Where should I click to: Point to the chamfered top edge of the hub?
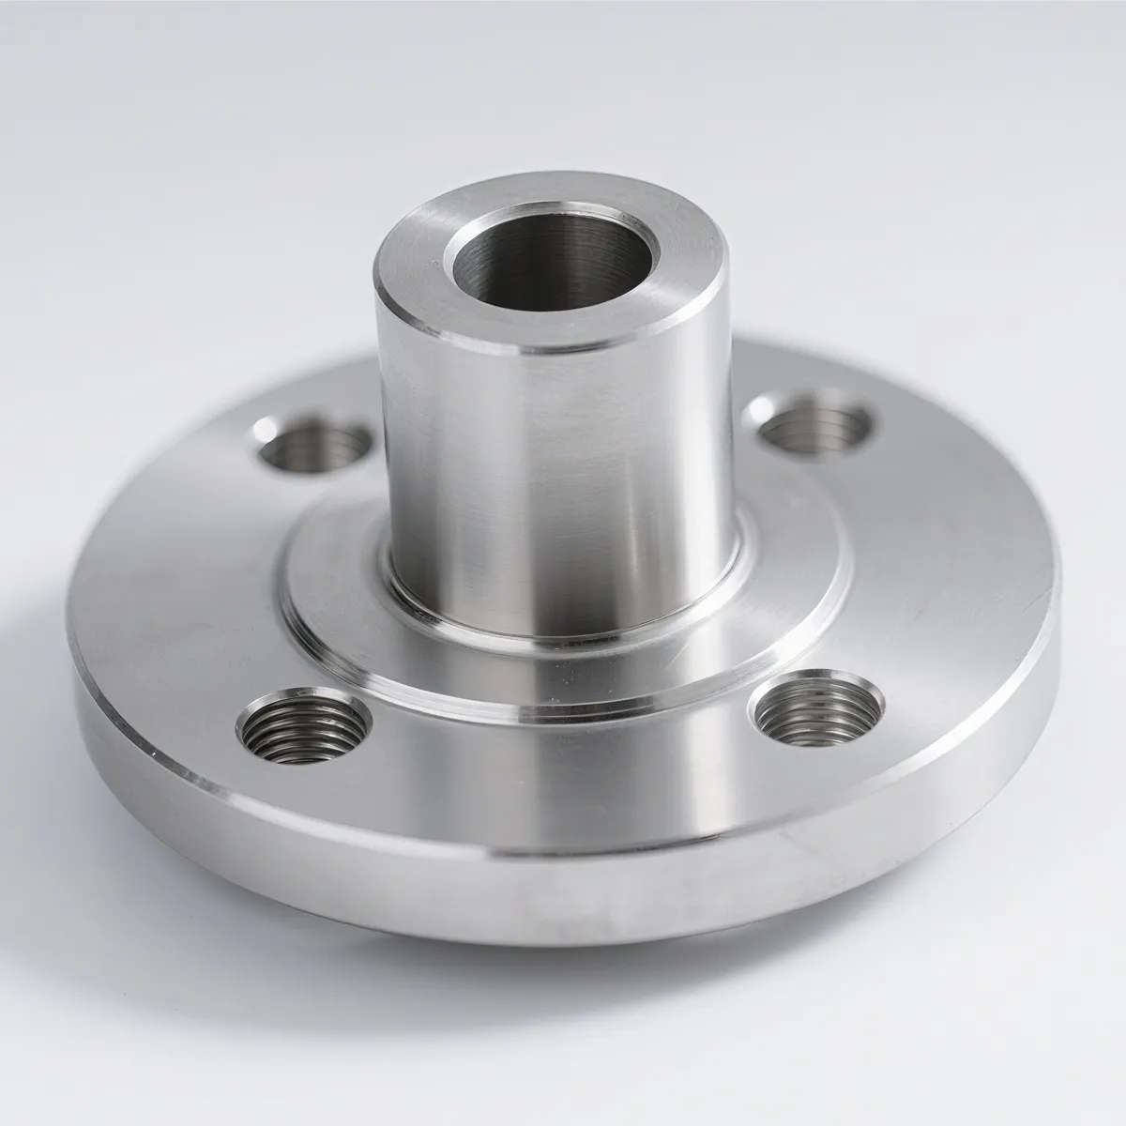coord(525,349)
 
